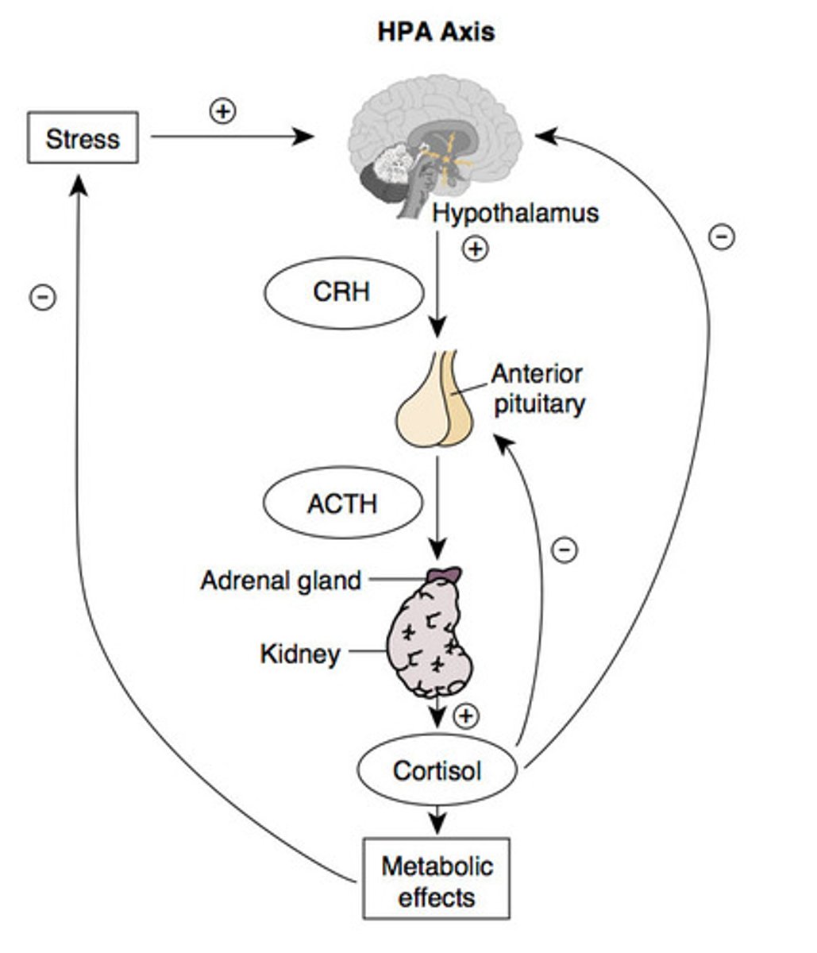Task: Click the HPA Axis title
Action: tap(436, 32)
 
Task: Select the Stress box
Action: tap(83, 139)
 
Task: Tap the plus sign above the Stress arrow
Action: tap(222, 110)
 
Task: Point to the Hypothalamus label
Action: tap(515, 214)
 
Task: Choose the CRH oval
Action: tap(342, 291)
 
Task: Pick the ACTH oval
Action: tap(342, 504)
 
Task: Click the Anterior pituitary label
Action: tap(538, 388)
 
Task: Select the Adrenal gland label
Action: tap(280, 581)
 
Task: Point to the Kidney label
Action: tap(300, 654)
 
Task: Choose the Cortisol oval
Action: tap(437, 770)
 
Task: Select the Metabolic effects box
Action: tap(436, 881)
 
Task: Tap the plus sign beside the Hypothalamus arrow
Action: tap(476, 249)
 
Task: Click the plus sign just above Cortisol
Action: tap(466, 716)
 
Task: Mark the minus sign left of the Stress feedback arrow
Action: tap(42, 297)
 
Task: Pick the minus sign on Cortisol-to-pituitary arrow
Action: tap(565, 549)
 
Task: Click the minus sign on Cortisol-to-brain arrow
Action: tap(721, 236)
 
